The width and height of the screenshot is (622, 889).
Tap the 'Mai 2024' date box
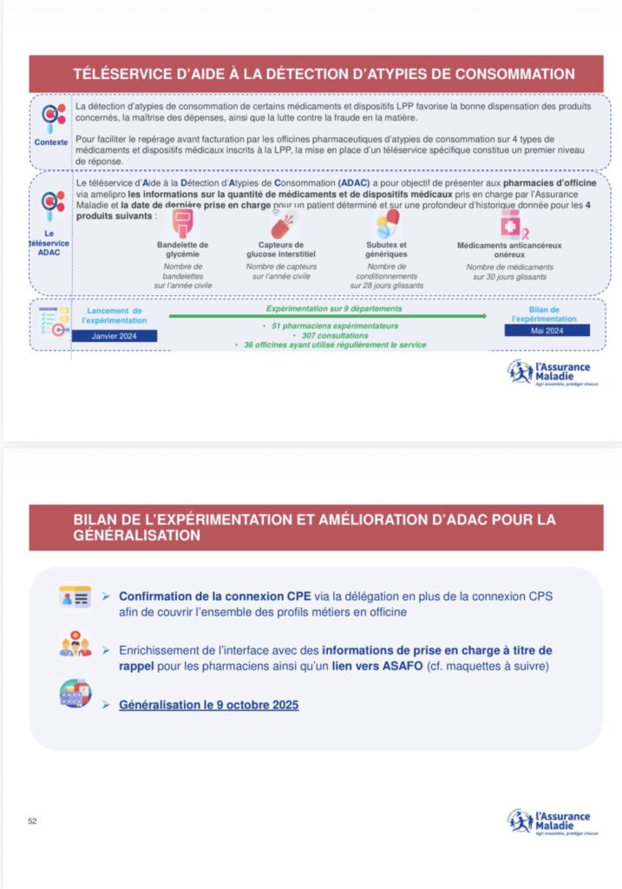click(x=547, y=330)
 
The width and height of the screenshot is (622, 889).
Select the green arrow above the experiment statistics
click(x=328, y=316)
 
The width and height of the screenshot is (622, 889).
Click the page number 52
click(x=32, y=820)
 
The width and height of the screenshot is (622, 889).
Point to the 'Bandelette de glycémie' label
click(x=183, y=249)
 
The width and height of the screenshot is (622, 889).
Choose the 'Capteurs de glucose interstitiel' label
click(x=281, y=249)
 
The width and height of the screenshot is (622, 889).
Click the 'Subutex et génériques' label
click(x=386, y=249)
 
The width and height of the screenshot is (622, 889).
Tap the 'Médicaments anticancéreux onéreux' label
click(x=509, y=249)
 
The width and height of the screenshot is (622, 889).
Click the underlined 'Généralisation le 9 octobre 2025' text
click(x=208, y=705)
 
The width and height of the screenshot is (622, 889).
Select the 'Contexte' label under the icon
click(x=51, y=141)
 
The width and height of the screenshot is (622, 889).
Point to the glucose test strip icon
click(x=183, y=223)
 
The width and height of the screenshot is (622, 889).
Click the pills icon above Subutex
click(x=387, y=222)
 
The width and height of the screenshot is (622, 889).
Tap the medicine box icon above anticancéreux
click(x=509, y=223)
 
